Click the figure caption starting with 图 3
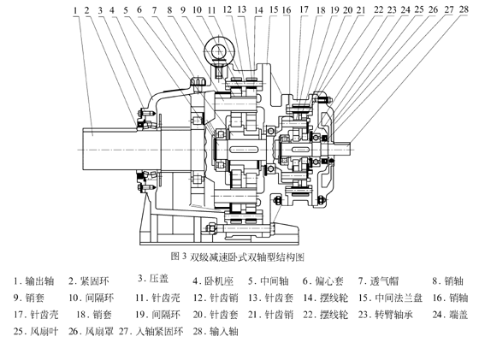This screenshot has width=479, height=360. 239,256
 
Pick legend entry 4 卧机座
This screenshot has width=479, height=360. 214,280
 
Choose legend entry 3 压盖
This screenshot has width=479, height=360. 154,278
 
